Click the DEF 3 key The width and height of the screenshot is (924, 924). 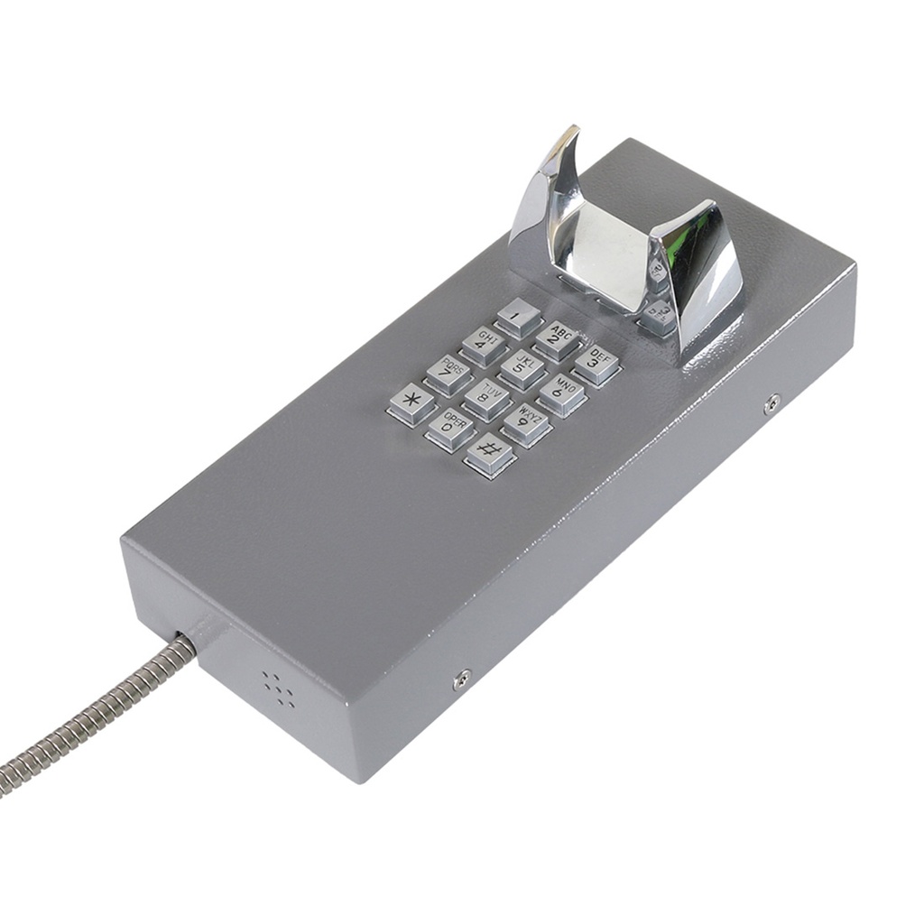pos(596,364)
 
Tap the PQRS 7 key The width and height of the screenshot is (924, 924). pos(448,373)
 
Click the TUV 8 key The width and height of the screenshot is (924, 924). pos(488,398)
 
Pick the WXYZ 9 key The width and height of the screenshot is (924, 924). pos(527,423)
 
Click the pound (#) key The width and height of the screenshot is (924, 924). pos(490,453)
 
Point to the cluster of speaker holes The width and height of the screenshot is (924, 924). pos(280,688)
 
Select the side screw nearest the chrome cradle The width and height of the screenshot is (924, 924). pos(772,403)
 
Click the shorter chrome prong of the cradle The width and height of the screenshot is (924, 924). pos(704,262)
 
